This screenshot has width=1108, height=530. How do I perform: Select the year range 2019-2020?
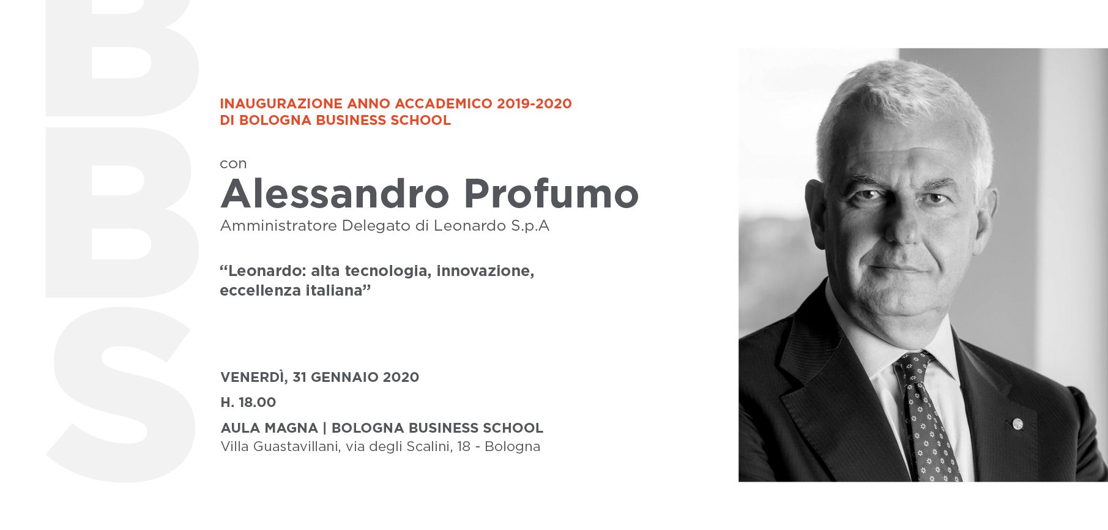click(534, 103)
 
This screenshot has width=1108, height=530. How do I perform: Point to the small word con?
click(233, 163)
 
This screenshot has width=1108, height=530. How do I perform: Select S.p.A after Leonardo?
click(530, 226)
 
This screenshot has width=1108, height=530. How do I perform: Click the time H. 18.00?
click(248, 402)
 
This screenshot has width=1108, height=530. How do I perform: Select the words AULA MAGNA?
click(269, 428)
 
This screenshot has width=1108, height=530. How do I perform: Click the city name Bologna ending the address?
click(512, 447)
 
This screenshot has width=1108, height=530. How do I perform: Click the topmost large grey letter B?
click(122, 58)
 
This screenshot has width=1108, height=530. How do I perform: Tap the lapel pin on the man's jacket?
click(1017, 423)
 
